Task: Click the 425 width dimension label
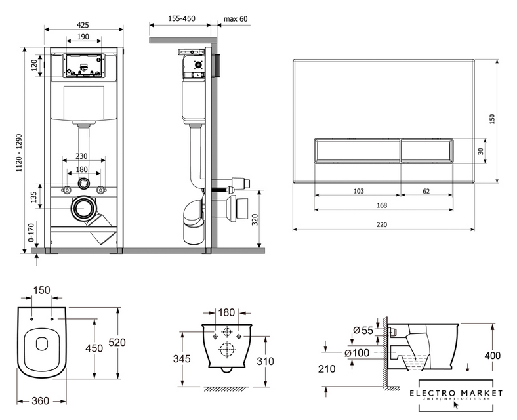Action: coord(83,24)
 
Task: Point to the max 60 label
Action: coord(236,19)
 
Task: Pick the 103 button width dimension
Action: coord(358,192)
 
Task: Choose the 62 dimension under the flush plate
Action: coord(426,192)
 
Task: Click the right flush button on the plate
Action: coord(427,151)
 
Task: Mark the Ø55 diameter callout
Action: coord(363,329)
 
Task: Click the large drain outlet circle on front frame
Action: coord(83,209)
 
